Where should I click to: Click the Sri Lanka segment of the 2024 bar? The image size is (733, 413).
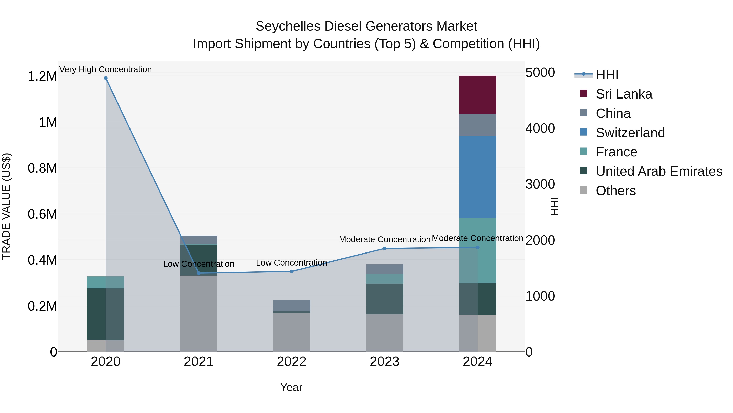click(x=477, y=95)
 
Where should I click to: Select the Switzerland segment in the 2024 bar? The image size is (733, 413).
click(x=477, y=177)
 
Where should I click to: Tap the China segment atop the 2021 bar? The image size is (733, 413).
click(x=199, y=240)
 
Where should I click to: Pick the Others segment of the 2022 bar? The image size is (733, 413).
click(x=291, y=332)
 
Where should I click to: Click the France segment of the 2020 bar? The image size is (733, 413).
click(x=105, y=282)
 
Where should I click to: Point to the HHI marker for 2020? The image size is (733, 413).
click(x=105, y=78)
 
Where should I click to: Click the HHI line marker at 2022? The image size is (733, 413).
click(x=291, y=271)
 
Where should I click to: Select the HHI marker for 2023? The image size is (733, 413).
click(x=384, y=248)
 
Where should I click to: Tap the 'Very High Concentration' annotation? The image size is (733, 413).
click(x=105, y=69)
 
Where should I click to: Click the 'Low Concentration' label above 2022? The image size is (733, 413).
click(x=291, y=262)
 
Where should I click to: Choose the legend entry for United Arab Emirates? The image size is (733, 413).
click(x=659, y=171)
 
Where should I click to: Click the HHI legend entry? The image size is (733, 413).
click(x=607, y=75)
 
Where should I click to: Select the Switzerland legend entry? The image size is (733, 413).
click(x=630, y=133)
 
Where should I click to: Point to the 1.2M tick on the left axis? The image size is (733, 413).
click(x=42, y=76)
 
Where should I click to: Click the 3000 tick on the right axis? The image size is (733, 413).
click(x=540, y=184)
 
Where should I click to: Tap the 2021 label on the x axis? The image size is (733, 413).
click(x=199, y=362)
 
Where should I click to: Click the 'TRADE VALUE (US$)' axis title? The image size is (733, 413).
click(x=6, y=206)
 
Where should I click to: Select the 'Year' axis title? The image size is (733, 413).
click(x=291, y=387)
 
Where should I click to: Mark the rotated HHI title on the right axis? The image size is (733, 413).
click(x=554, y=206)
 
